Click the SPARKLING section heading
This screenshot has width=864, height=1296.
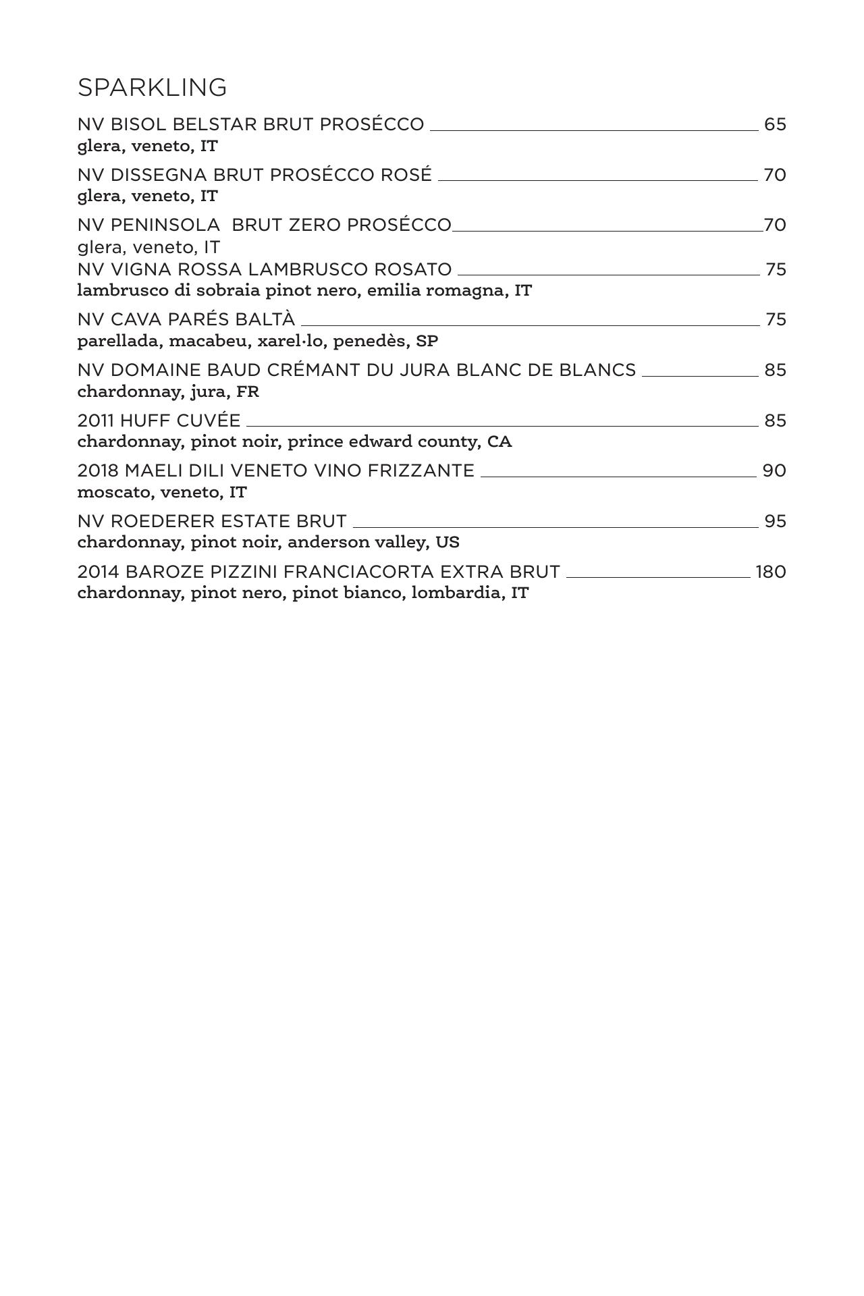tap(152, 88)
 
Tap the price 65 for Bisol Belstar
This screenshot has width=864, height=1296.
tap(775, 125)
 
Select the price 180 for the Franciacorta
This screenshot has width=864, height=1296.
tap(770, 572)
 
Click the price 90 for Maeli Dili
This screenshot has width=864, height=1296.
tap(774, 471)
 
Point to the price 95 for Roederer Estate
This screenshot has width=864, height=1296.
tap(775, 522)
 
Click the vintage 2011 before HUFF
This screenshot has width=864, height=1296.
tap(96, 421)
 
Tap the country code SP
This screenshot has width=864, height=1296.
tap(427, 342)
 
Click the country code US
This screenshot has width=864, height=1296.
tap(448, 543)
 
